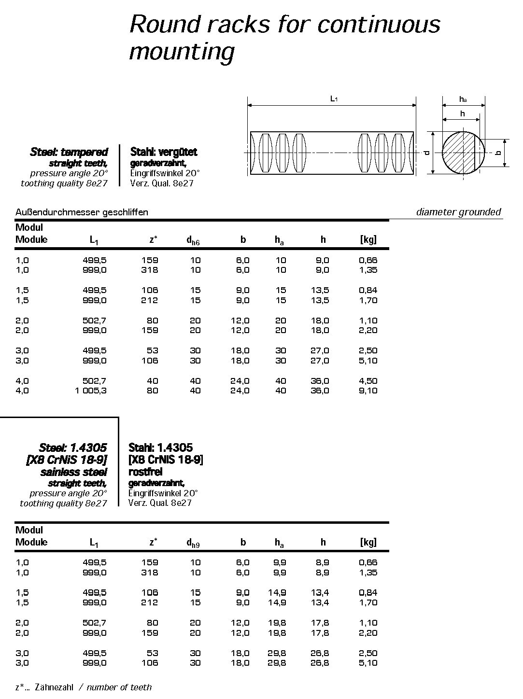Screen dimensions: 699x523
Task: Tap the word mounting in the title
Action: click(182, 51)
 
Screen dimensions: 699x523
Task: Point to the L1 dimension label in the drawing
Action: click(333, 98)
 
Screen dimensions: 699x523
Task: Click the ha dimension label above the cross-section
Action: click(463, 99)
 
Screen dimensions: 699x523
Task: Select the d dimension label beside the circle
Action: click(426, 153)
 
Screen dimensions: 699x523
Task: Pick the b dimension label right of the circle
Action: click(498, 153)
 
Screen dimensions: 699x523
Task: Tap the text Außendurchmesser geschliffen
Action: click(82, 212)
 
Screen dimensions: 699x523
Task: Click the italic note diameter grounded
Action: click(458, 212)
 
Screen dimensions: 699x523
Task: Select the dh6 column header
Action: click(193, 240)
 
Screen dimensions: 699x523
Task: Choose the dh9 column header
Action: click(193, 543)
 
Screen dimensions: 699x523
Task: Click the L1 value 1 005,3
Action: click(91, 391)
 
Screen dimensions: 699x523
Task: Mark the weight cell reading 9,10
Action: click(368, 391)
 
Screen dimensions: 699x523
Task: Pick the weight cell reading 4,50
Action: click(368, 381)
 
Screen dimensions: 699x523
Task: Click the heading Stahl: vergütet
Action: click(164, 152)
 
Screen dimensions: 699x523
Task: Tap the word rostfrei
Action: click(145, 472)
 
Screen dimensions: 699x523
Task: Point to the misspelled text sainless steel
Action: click(73, 472)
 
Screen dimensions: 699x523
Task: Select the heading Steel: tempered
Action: click(69, 152)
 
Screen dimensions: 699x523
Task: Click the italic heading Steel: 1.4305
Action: click(73, 447)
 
